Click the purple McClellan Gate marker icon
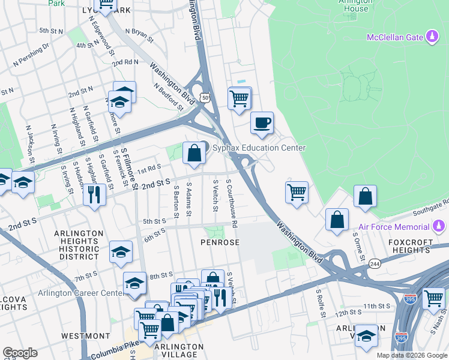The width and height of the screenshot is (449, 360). point(432,38)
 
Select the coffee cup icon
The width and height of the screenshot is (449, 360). point(262,124)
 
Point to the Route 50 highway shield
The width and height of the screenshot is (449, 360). point(206,97)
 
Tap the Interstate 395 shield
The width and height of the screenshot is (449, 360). point(410,298)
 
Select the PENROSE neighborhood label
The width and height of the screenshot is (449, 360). point(220,242)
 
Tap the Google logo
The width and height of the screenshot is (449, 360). point(20,353)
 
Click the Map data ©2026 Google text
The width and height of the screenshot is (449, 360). point(411,355)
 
